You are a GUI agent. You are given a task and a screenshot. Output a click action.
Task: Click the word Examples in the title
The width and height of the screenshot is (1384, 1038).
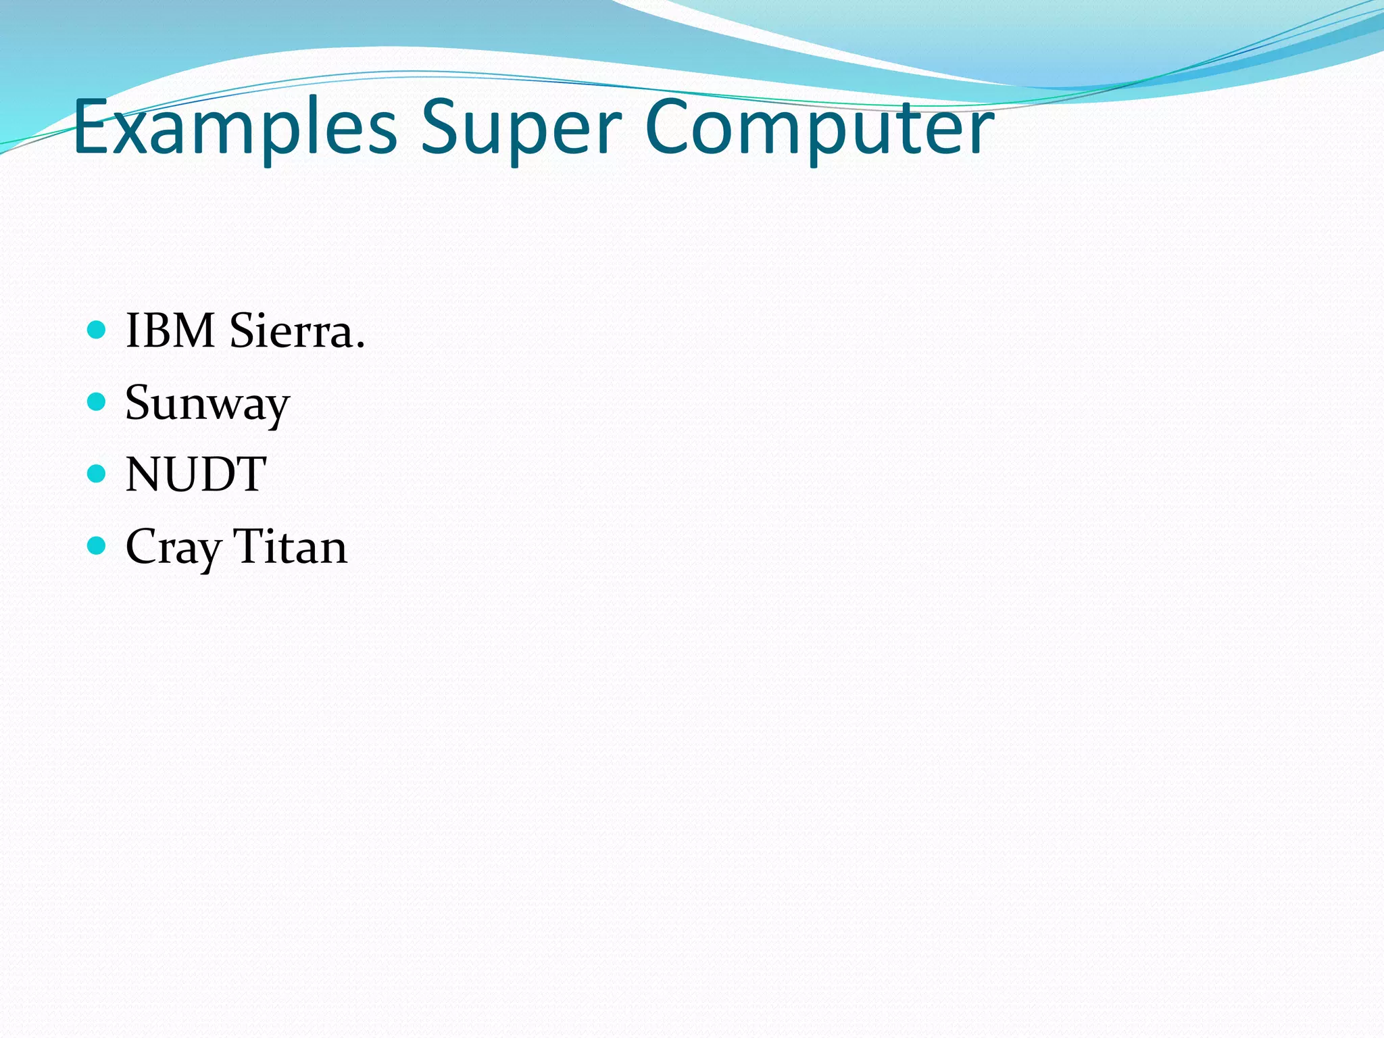click(x=234, y=128)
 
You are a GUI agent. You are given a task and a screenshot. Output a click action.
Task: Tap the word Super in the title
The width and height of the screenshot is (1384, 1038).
click(x=520, y=128)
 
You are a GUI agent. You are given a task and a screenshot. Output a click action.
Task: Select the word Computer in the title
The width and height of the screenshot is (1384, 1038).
click(x=818, y=128)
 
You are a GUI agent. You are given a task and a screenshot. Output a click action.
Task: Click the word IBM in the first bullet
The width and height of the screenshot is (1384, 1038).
click(x=170, y=331)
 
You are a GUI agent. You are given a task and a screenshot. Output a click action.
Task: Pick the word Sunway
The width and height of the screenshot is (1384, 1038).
click(x=207, y=404)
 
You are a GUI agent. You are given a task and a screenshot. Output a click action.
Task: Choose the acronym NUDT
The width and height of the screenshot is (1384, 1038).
click(x=196, y=474)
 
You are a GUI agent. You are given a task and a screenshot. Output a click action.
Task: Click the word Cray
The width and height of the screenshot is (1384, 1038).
click(x=174, y=547)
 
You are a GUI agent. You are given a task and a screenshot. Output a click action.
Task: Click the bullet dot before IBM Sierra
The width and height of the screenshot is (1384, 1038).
click(x=97, y=330)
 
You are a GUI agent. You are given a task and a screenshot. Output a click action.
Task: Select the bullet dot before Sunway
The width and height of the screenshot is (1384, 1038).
click(x=97, y=402)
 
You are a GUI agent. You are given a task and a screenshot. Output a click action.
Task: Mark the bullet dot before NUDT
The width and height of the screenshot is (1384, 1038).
click(x=97, y=474)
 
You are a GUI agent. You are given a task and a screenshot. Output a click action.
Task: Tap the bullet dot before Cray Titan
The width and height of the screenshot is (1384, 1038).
click(x=97, y=545)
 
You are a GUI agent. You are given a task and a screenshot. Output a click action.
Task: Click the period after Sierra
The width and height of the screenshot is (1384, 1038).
click(x=360, y=346)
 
